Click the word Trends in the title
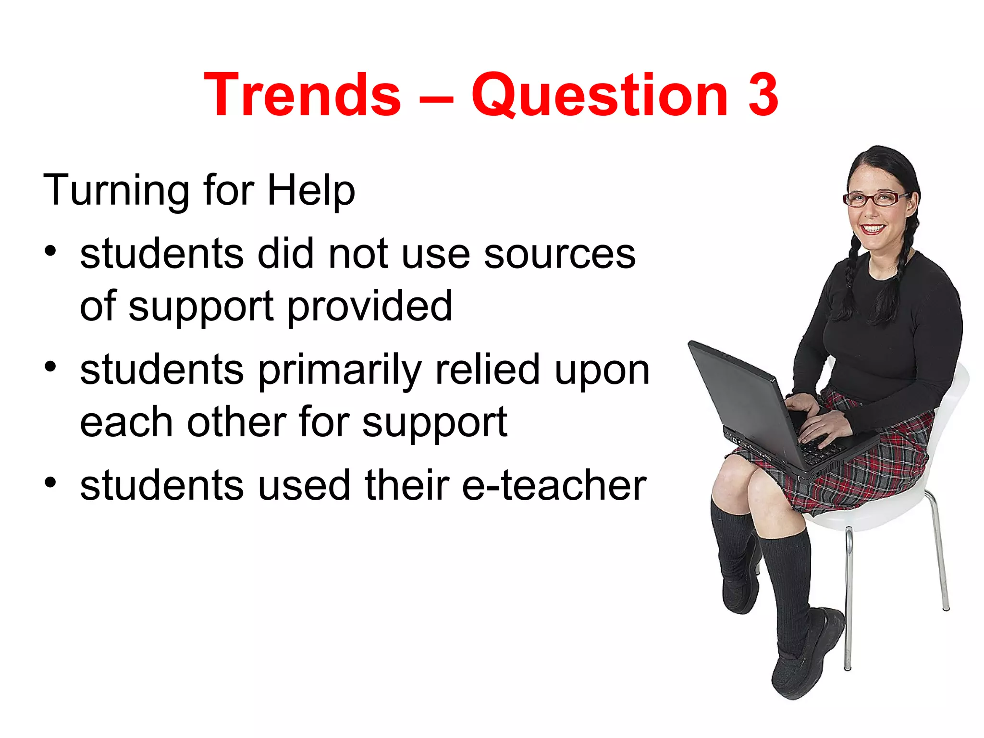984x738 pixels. (302, 95)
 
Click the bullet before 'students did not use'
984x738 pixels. (51, 251)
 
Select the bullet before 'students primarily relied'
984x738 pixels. (51, 367)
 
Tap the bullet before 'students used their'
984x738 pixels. (51, 482)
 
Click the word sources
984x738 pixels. (560, 255)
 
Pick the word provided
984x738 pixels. (370, 307)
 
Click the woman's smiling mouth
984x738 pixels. (873, 228)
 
